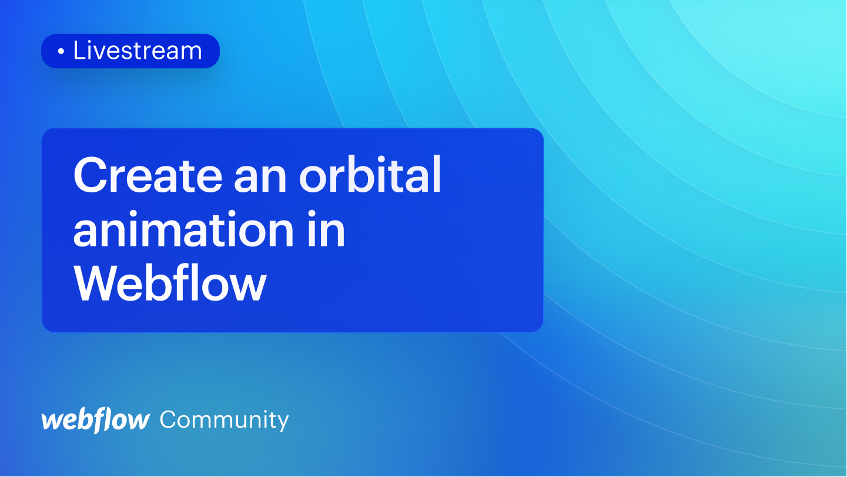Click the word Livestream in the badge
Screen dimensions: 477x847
[137, 51]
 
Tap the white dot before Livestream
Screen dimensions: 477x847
[61, 52]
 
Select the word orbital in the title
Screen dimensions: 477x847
[370, 176]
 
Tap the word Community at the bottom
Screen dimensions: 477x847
[224, 420]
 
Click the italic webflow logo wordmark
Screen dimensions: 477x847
[95, 420]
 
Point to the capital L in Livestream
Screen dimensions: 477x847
[79, 51]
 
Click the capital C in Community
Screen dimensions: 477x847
[168, 420]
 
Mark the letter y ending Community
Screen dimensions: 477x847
[283, 422]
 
